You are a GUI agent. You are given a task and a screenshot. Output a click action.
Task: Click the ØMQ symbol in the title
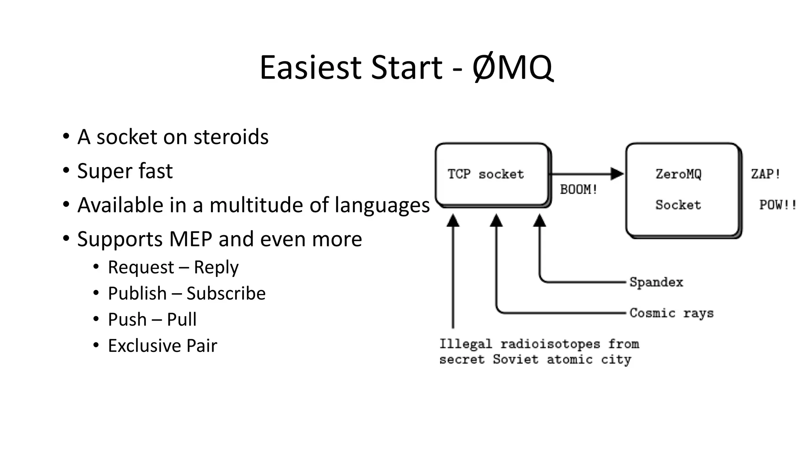(x=512, y=67)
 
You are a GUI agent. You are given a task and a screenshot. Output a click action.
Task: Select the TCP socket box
(x=492, y=175)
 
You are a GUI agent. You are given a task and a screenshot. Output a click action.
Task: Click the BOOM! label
(x=578, y=190)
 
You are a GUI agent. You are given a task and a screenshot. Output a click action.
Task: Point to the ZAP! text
(x=766, y=174)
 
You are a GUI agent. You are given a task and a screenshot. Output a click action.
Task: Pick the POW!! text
(x=778, y=205)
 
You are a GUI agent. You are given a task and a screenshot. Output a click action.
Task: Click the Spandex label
(x=656, y=282)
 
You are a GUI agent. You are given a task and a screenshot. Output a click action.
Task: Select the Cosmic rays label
(x=671, y=313)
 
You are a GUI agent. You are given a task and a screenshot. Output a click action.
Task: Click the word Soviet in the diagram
(x=515, y=359)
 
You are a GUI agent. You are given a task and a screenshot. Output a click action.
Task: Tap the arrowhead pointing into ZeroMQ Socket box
(x=617, y=174)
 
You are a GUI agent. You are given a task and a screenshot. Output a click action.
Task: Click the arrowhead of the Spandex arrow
(x=539, y=221)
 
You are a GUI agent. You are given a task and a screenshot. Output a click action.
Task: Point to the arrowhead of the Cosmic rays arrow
(x=496, y=221)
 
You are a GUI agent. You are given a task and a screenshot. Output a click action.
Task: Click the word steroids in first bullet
(x=231, y=137)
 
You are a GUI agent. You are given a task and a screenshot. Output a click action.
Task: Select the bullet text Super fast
(x=125, y=171)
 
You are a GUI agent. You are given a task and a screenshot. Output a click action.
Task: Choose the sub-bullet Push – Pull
(x=152, y=319)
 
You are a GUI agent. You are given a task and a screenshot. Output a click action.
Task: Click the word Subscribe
(x=226, y=294)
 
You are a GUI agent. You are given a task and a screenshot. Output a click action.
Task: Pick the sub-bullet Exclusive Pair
(x=162, y=346)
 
